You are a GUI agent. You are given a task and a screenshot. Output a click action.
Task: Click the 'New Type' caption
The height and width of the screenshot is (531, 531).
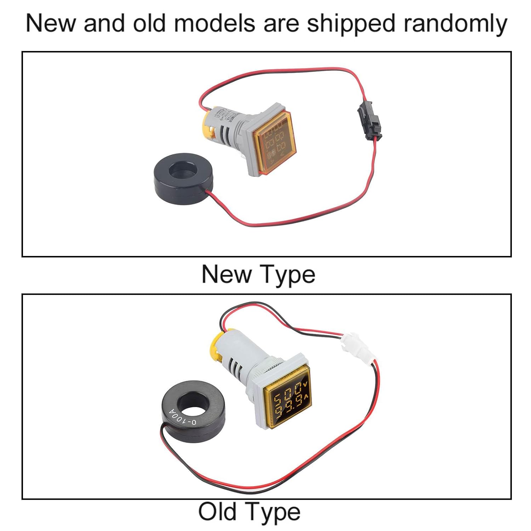258,274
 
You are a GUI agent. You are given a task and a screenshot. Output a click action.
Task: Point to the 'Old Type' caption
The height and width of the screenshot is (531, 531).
249,512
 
